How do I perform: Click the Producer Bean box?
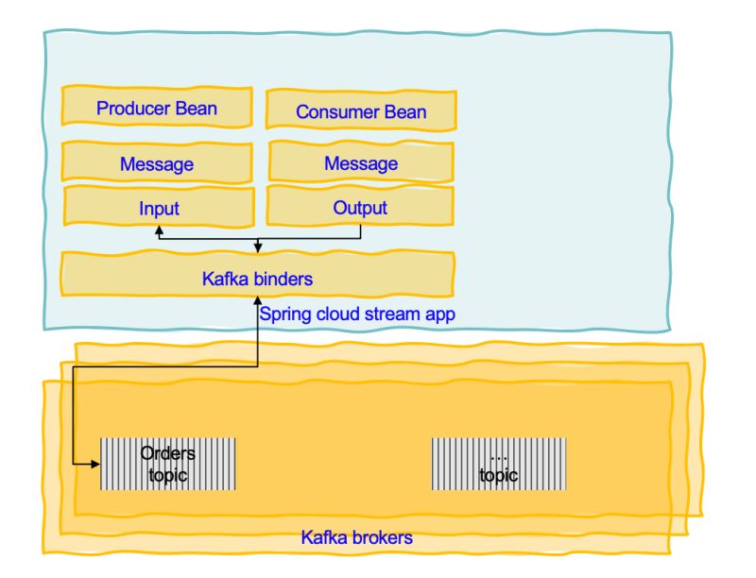point(157,107)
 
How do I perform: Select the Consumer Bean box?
point(360,110)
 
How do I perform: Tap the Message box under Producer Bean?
point(157,163)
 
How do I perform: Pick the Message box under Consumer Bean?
point(360,163)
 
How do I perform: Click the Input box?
point(158,207)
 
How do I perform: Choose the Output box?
point(360,207)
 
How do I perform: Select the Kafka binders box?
point(257,278)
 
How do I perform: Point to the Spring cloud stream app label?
point(357,314)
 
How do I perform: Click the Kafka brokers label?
point(357,538)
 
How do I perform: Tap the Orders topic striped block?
point(166,463)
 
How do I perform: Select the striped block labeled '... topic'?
point(499,463)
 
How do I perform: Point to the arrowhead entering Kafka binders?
point(258,248)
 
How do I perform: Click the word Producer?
point(131,107)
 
